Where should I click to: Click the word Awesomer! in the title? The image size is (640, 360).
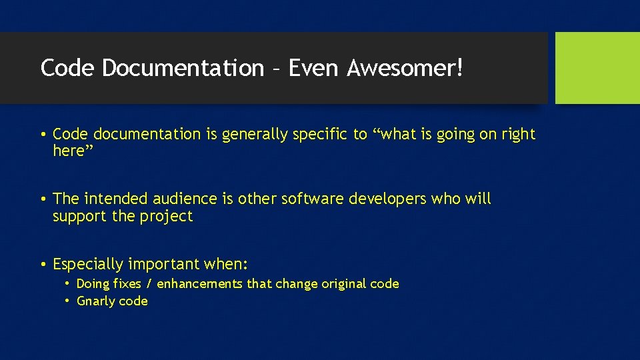[405, 68]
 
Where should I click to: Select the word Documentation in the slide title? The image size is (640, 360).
[183, 68]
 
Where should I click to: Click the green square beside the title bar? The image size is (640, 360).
[597, 68]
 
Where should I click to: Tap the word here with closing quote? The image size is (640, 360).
[73, 151]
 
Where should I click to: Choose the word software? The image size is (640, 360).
[311, 199]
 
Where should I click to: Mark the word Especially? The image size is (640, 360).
[88, 264]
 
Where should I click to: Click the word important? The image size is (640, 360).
[164, 264]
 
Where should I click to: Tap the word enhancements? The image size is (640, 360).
[200, 284]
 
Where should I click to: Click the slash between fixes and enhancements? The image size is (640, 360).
[149, 284]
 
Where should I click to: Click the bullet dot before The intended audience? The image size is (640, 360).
[43, 199]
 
